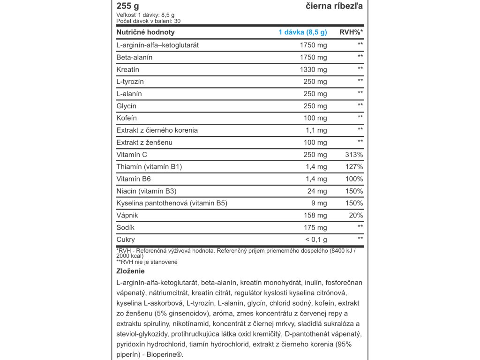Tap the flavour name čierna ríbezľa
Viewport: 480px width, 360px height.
click(x=333, y=6)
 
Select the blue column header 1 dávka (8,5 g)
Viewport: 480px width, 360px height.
click(x=302, y=32)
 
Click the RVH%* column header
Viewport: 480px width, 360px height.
click(x=351, y=32)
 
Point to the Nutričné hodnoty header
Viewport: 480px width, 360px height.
click(x=145, y=32)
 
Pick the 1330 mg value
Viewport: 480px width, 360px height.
click(x=313, y=69)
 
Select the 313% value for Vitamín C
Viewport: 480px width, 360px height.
click(x=354, y=155)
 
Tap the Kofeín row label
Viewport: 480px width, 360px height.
click(x=127, y=118)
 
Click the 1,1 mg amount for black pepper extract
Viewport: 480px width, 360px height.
click(x=316, y=130)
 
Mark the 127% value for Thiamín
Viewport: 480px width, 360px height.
click(x=354, y=167)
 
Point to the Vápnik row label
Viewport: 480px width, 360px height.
click(x=127, y=216)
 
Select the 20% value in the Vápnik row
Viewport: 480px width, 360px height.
click(x=356, y=216)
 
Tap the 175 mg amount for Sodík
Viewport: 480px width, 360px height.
click(x=315, y=228)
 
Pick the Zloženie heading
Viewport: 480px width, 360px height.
click(x=130, y=271)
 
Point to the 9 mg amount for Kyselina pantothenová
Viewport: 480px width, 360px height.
click(x=319, y=203)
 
